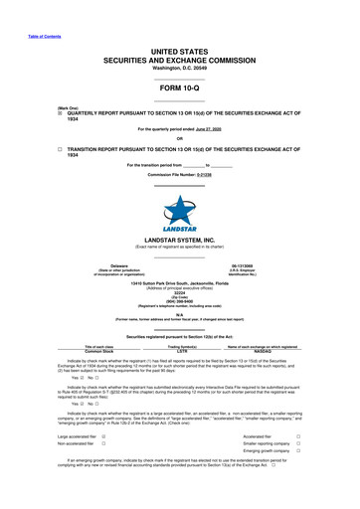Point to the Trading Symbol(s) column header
coord(181,346)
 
